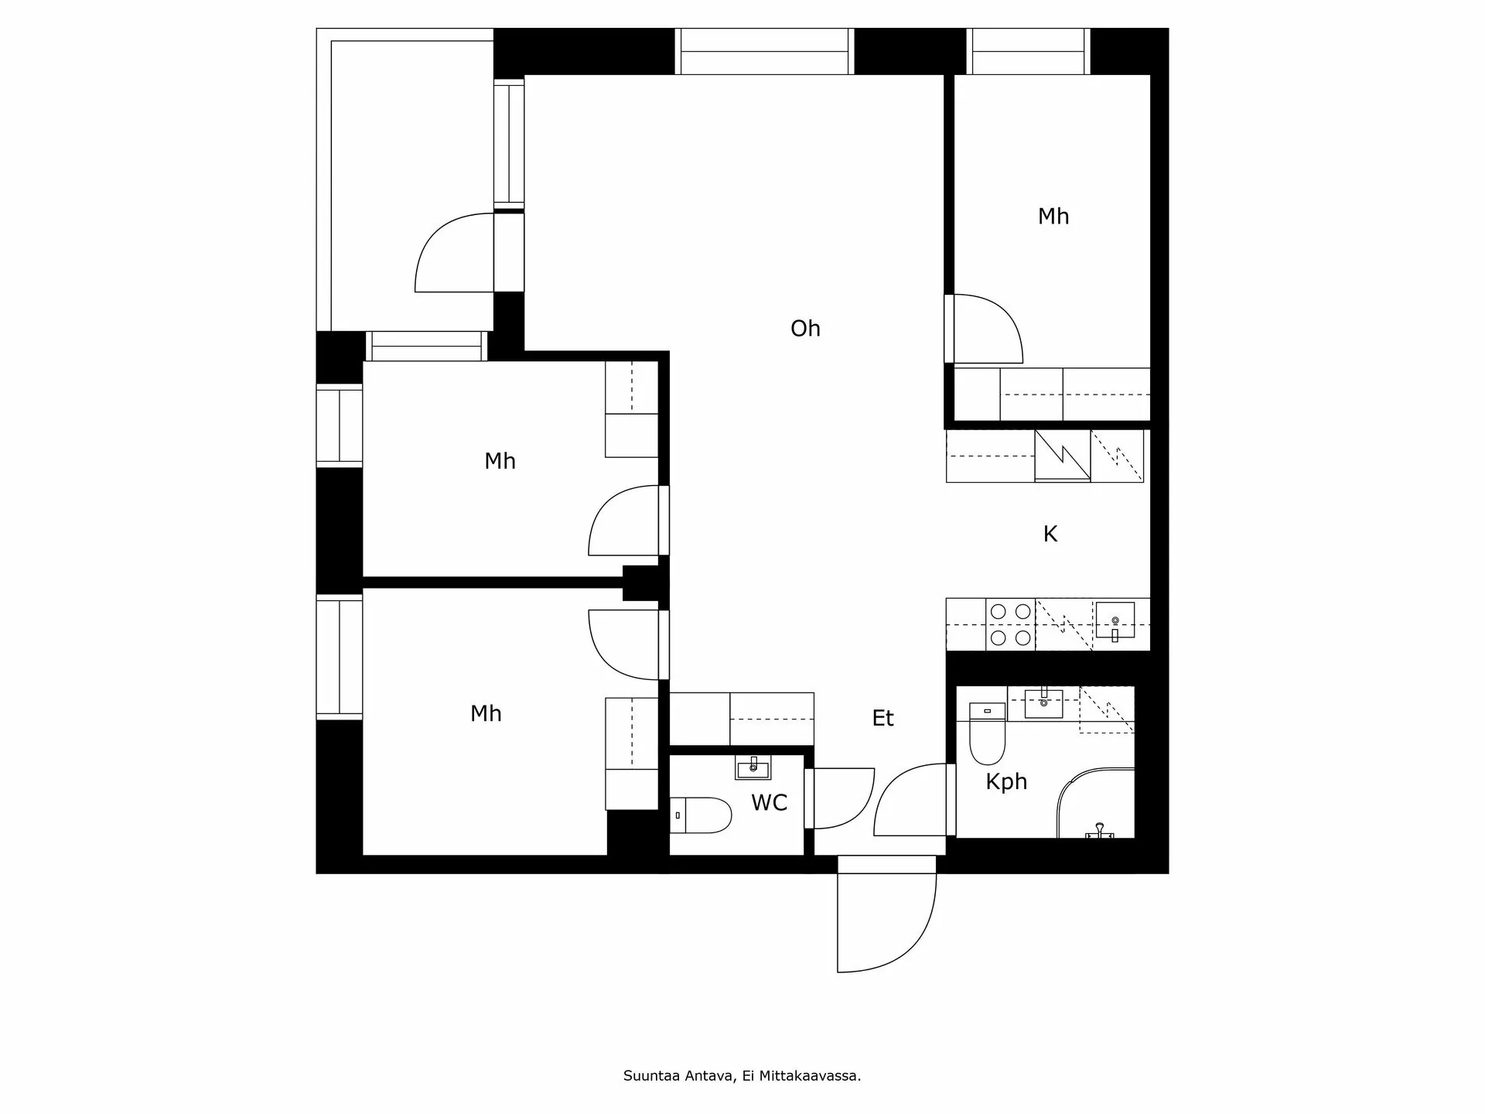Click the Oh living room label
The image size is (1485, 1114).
point(805,329)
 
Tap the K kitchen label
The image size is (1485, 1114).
point(1050,534)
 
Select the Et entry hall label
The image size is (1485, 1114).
point(882,718)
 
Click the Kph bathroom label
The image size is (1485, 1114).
point(1006,781)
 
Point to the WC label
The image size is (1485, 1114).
point(769,803)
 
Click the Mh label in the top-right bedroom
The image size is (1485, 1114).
point(1053,217)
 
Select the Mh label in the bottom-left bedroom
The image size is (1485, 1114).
point(486,713)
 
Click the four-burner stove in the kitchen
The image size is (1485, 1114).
point(1011,624)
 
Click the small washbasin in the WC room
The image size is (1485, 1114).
point(753,768)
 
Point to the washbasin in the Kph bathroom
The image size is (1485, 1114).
point(1043,702)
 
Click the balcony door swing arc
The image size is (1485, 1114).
point(451,255)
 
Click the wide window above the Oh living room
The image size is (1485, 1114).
point(764,52)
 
